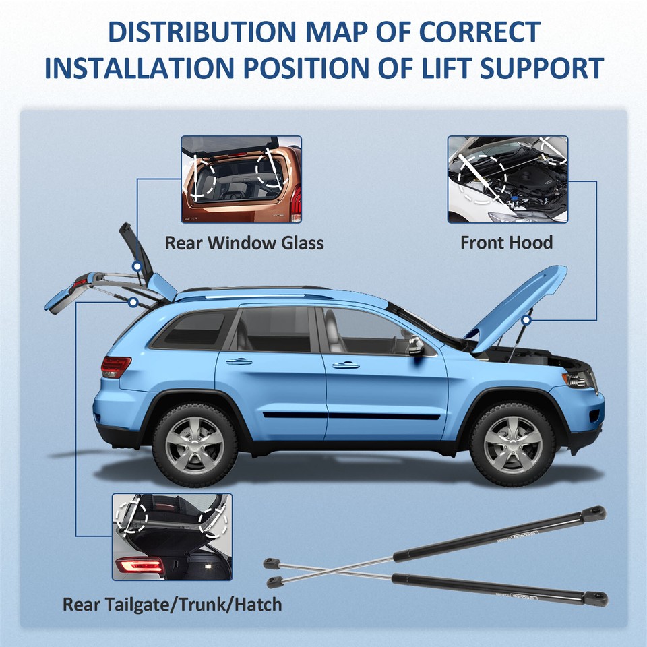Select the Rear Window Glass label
(244, 243)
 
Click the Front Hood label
(506, 243)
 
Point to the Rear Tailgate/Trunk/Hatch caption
(172, 603)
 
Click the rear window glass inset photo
(241, 179)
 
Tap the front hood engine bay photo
(507, 179)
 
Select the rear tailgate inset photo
(172, 536)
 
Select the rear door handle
(239, 361)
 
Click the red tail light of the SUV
(115, 367)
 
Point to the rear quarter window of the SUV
(192, 330)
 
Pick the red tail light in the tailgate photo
(138, 565)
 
